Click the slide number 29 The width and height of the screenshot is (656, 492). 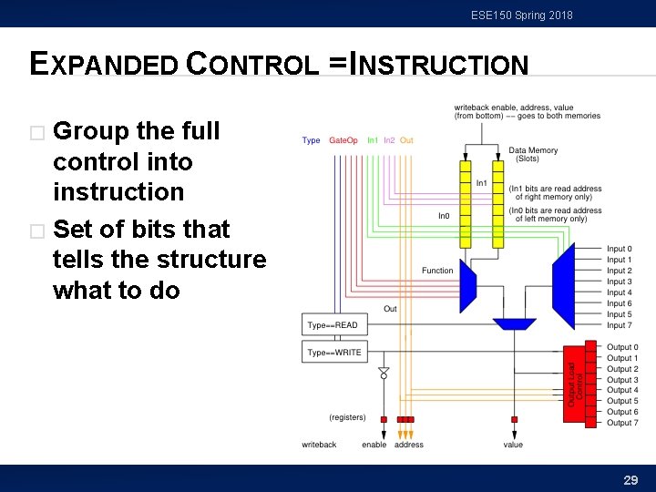point(630,479)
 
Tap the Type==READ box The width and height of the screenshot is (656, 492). point(333,325)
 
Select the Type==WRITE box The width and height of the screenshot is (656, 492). point(333,353)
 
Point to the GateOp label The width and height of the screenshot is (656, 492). point(343,140)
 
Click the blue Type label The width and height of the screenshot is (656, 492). point(311,140)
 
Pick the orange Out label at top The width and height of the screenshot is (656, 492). point(406,140)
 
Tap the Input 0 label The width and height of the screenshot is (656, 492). point(619,249)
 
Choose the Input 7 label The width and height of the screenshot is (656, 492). point(619,325)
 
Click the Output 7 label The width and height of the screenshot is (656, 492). point(622,423)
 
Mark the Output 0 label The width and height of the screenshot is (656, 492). point(622,347)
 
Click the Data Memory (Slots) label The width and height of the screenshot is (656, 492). point(533,155)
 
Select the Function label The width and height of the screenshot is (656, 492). point(437,271)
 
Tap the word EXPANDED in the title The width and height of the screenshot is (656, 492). point(104,65)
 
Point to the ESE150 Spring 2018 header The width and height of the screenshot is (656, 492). point(522,15)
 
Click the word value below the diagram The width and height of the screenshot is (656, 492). point(513,445)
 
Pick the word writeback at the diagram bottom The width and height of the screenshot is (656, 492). point(319,445)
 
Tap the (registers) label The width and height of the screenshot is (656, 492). point(347,417)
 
